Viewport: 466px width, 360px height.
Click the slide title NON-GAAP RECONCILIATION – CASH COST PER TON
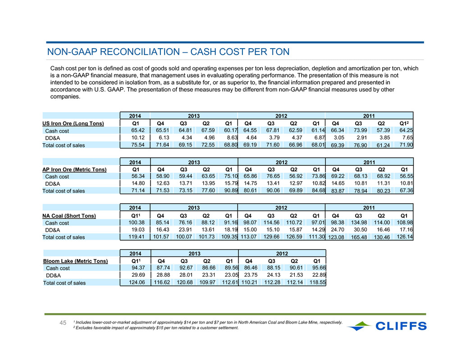[x=168, y=52]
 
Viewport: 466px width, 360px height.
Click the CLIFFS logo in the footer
[x=387, y=326]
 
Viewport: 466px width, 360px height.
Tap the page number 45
[x=63, y=323]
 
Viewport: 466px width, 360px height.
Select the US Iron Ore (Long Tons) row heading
[x=73, y=123]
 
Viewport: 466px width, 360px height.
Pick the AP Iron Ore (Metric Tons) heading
[x=74, y=169]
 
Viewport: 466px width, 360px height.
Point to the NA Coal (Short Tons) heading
[x=69, y=216]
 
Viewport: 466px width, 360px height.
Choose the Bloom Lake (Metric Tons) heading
[x=75, y=261]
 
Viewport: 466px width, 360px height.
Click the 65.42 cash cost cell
[x=138, y=130]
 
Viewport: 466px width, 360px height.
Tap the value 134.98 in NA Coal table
[x=359, y=223]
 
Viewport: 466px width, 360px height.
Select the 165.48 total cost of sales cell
[x=359, y=237]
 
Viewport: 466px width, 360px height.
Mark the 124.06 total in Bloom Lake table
[x=137, y=282]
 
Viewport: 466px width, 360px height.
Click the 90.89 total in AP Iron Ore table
[x=231, y=191]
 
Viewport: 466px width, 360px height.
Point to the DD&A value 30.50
[x=360, y=230]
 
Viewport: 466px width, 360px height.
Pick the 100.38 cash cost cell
[x=137, y=223]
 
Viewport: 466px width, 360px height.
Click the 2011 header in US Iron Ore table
[x=369, y=116]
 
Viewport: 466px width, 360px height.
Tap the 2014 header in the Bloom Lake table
[x=135, y=253]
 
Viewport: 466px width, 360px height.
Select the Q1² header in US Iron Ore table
[x=404, y=123]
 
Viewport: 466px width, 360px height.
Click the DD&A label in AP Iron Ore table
[x=53, y=183]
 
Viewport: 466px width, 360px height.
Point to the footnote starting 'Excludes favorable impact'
[x=156, y=328]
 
